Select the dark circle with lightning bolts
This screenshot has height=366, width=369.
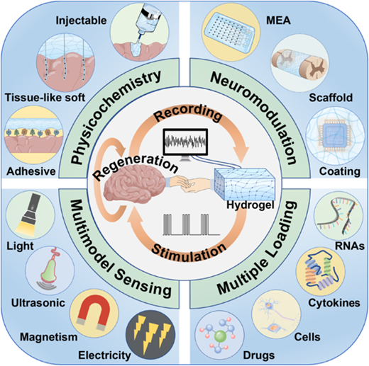pos(150,335)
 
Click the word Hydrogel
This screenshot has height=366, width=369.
pos(250,205)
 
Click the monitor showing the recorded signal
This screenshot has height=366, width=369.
pos(185,144)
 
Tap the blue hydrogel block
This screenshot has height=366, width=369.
pos(245,184)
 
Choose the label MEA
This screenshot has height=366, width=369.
pos(278,21)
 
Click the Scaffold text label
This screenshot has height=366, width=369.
pos(331,98)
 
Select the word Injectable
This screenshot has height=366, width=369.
pos(81,21)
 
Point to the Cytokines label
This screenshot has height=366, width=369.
pos(334,303)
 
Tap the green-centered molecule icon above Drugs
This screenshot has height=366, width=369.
pos(220,336)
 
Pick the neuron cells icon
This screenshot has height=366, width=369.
pos(275,314)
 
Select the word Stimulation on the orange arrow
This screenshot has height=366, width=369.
pos(189,253)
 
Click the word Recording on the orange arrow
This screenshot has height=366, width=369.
pos(188,114)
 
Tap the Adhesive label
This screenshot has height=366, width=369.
pos(31,171)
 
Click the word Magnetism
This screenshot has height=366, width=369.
pos(49,337)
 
